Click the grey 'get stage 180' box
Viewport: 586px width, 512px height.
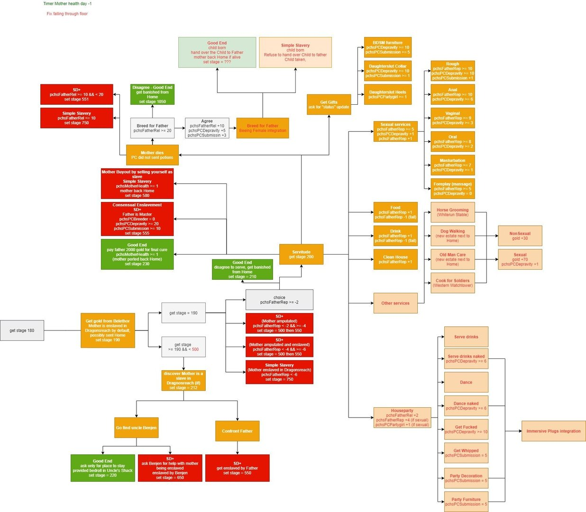(22, 330)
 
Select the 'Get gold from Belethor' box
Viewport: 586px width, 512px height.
(108, 330)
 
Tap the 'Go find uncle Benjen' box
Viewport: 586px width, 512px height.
(136, 428)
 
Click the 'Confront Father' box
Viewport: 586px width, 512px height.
(237, 431)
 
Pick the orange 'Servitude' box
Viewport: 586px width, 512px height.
(301, 255)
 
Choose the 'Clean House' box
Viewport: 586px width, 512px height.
(395, 259)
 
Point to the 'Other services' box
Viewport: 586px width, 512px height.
(395, 303)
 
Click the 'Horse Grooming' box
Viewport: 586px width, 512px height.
(452, 212)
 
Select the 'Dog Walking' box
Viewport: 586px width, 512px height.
(452, 236)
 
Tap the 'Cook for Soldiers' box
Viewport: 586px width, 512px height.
(452, 283)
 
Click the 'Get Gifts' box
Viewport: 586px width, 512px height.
(329, 104)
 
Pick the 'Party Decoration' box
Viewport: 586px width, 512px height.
(466, 478)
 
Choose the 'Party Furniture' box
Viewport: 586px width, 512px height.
(466, 502)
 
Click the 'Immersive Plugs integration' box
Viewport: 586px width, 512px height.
(553, 431)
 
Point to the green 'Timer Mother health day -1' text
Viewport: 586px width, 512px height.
(67, 4)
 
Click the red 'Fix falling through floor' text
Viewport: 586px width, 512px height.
(67, 14)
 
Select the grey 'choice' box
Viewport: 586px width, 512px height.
(279, 300)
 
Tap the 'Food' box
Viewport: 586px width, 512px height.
(395, 212)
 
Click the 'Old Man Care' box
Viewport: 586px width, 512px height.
(452, 259)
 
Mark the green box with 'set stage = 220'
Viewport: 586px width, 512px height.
(102, 468)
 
